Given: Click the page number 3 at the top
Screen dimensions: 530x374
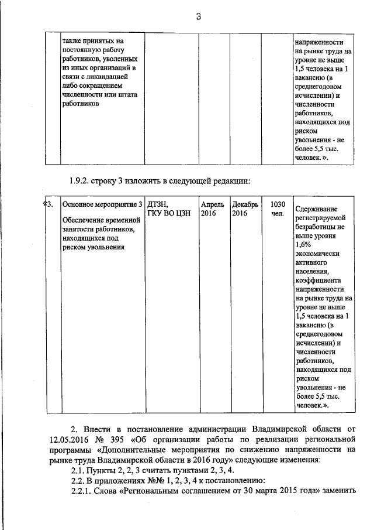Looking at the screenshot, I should pos(198,17).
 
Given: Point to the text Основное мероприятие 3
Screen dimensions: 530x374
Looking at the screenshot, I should pos(102,204).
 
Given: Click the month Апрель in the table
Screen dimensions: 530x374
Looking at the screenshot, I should pos(212,204).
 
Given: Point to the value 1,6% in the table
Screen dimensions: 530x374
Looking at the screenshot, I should pos(304,244).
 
